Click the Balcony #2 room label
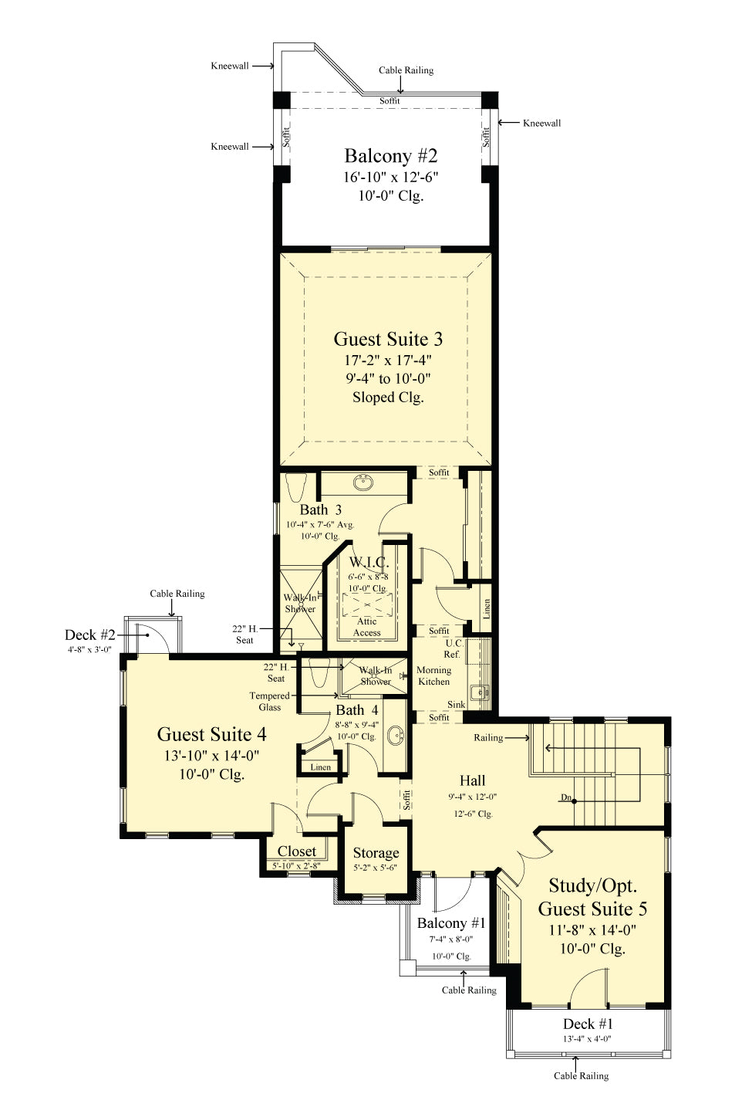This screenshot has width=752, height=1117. pyautogui.click(x=390, y=156)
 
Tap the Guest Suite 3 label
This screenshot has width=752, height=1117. pyautogui.click(x=388, y=339)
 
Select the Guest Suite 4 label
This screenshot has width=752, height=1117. pyautogui.click(x=211, y=734)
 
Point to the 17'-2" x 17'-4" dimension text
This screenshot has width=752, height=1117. pyautogui.click(x=388, y=360)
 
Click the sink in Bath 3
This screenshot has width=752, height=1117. pyautogui.click(x=363, y=482)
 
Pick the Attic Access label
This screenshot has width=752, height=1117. pyautogui.click(x=367, y=627)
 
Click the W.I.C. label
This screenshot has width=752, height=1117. pyautogui.click(x=369, y=562)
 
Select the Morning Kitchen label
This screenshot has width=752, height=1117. pyautogui.click(x=433, y=675)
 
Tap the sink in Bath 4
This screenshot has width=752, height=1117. pyautogui.click(x=396, y=734)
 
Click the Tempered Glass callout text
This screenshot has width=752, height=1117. pyautogui.click(x=269, y=701)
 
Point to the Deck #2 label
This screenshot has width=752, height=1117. pyautogui.click(x=89, y=635)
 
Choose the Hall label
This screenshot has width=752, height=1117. pyautogui.click(x=472, y=780)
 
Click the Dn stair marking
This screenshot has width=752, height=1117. pyautogui.click(x=566, y=797)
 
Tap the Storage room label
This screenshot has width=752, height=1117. pyautogui.click(x=376, y=853)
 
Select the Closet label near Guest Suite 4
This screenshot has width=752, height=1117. pyautogui.click(x=297, y=851)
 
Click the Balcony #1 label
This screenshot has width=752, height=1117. pyautogui.click(x=451, y=923)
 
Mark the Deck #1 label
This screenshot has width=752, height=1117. pyautogui.click(x=588, y=1024)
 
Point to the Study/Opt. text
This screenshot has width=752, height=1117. pyautogui.click(x=592, y=885)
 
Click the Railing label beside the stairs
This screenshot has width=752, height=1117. pyautogui.click(x=488, y=738)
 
